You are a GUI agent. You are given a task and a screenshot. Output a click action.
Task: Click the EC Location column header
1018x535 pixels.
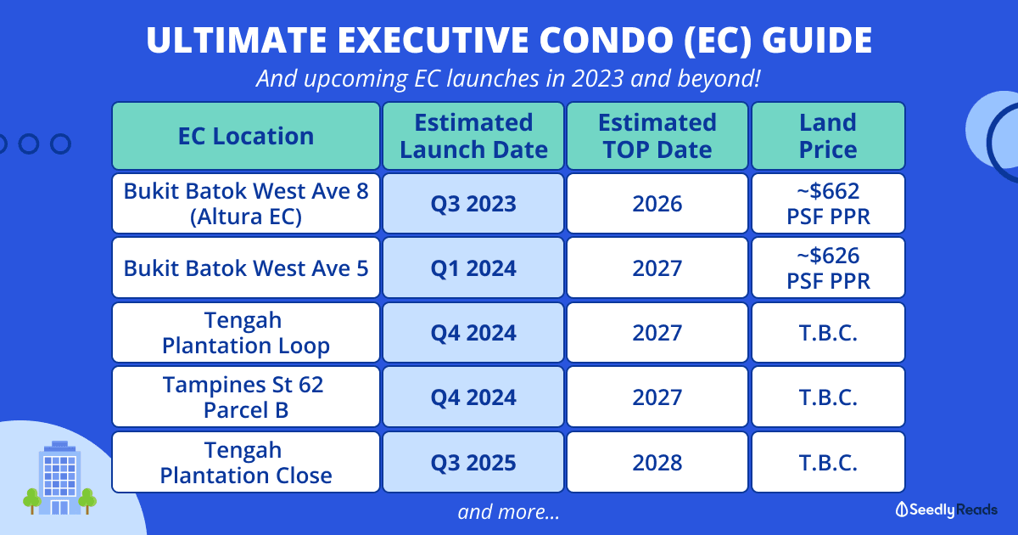tap(246, 136)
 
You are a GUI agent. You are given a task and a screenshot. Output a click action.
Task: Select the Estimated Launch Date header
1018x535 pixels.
tap(473, 136)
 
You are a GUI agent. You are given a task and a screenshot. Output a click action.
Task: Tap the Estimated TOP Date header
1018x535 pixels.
tap(657, 136)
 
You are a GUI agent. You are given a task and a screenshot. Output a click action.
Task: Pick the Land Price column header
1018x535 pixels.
tap(828, 136)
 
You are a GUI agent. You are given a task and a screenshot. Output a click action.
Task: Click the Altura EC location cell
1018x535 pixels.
tap(246, 204)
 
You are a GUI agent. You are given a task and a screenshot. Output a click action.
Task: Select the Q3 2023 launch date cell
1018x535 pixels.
tap(473, 204)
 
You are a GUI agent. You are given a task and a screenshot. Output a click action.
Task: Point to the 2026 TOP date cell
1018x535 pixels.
tap(657, 204)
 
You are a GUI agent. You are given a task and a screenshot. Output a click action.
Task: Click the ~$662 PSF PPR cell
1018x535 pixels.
tap(828, 204)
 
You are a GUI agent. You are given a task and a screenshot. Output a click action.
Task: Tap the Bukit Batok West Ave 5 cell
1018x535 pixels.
tap(246, 268)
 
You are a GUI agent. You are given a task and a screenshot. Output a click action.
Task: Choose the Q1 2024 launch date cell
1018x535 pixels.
tap(473, 268)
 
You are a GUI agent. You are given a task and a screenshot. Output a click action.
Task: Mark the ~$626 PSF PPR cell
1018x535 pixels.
tap(828, 268)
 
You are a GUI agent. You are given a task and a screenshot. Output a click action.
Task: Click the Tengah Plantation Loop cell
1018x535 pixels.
tap(246, 333)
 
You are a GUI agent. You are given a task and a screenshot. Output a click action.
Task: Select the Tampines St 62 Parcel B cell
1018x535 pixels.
tap(246, 397)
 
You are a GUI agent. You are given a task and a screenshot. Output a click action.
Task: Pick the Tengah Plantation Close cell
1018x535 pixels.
tap(246, 462)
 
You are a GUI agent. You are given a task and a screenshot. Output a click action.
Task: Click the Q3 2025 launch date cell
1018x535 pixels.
tap(473, 462)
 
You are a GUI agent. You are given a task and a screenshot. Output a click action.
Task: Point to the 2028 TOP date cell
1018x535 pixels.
tap(657, 462)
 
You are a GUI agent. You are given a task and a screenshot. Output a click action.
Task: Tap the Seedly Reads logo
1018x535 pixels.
tap(947, 510)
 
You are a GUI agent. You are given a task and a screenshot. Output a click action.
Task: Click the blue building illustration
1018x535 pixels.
tap(59, 480)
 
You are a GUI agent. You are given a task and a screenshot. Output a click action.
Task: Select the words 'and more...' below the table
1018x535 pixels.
tap(508, 512)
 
